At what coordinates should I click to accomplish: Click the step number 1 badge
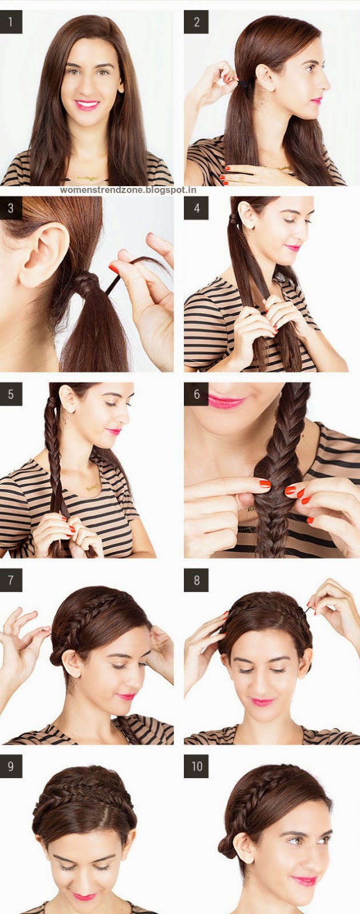click(11, 22)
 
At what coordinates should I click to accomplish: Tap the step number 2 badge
click(197, 22)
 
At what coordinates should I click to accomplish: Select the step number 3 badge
click(11, 208)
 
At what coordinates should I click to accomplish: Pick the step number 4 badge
click(197, 208)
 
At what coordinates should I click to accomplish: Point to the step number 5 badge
click(11, 394)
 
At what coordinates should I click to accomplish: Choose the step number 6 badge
click(197, 394)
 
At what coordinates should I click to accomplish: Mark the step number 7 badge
click(11, 580)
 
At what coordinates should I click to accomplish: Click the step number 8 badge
click(197, 580)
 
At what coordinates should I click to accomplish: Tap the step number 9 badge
click(11, 766)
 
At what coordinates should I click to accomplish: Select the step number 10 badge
click(197, 766)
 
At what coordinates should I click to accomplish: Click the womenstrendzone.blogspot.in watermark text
click(128, 190)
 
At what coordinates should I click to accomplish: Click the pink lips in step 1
click(87, 105)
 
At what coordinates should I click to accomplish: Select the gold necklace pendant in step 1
click(86, 178)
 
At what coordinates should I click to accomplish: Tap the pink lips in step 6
click(226, 402)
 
